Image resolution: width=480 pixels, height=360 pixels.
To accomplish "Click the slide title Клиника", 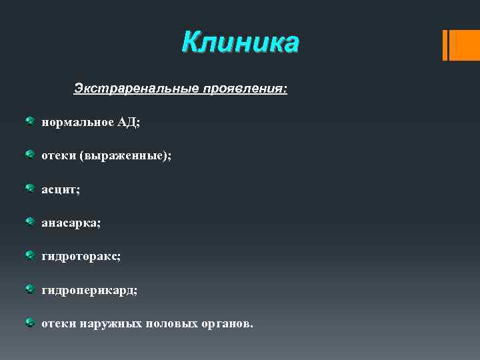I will click(241, 43).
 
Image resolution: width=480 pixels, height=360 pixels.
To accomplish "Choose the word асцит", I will click(60, 190).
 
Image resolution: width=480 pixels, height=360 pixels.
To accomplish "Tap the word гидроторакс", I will click(81, 257).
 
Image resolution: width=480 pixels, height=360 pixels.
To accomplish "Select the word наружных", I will click(111, 324).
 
